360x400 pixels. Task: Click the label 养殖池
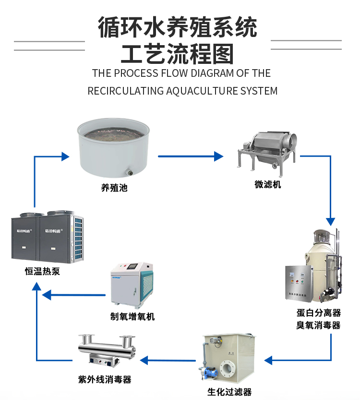pos(114,188)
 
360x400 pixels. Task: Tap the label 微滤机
pos(267,184)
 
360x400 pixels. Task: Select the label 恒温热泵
pos(43,272)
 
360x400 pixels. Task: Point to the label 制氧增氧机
pos(132,317)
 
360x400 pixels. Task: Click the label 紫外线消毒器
pos(105,379)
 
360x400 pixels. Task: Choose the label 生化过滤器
pos(229,392)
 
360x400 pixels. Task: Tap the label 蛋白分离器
pos(318,313)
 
